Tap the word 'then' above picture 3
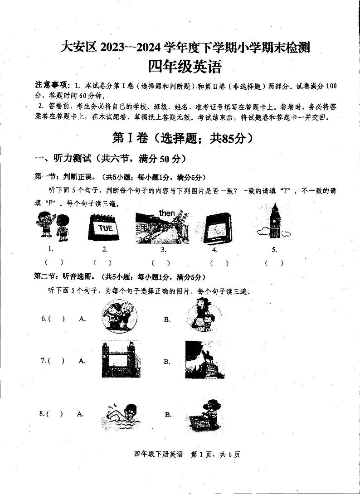[166, 213]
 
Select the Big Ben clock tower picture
[273, 222]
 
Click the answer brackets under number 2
[102, 262]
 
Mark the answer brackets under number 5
[274, 262]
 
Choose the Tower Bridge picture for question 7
[119, 359]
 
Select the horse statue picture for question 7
[204, 359]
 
